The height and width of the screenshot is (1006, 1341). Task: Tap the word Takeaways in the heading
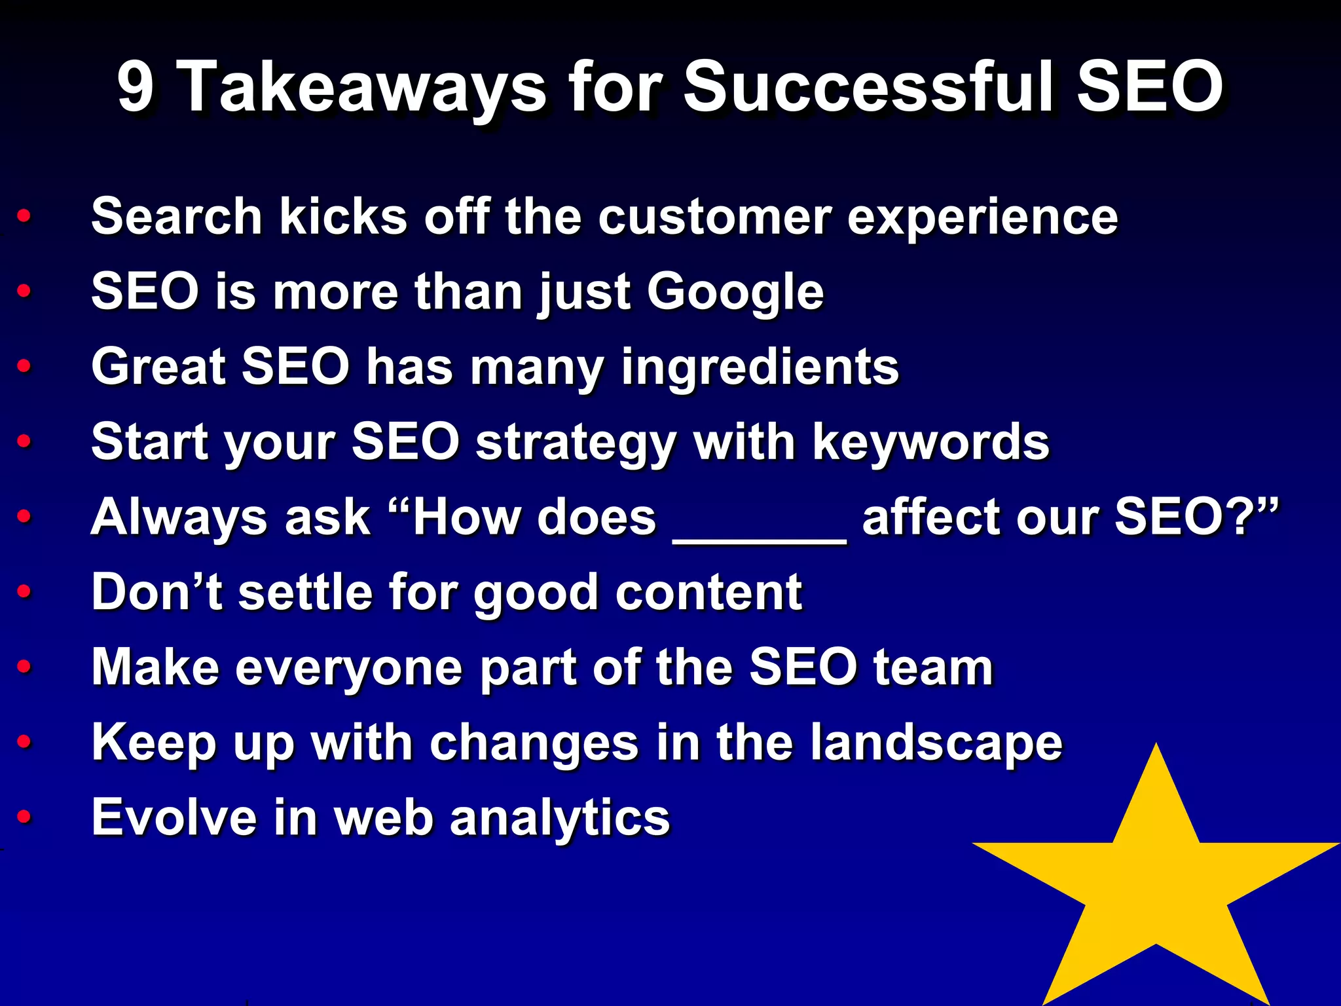coord(361,86)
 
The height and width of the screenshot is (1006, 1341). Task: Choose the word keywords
coord(930,443)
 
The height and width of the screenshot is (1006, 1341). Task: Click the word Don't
coord(156,592)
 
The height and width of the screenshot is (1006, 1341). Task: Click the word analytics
coord(560,819)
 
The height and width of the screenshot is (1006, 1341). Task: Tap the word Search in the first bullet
coord(177,216)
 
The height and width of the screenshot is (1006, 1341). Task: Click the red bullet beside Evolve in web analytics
coord(24,817)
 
